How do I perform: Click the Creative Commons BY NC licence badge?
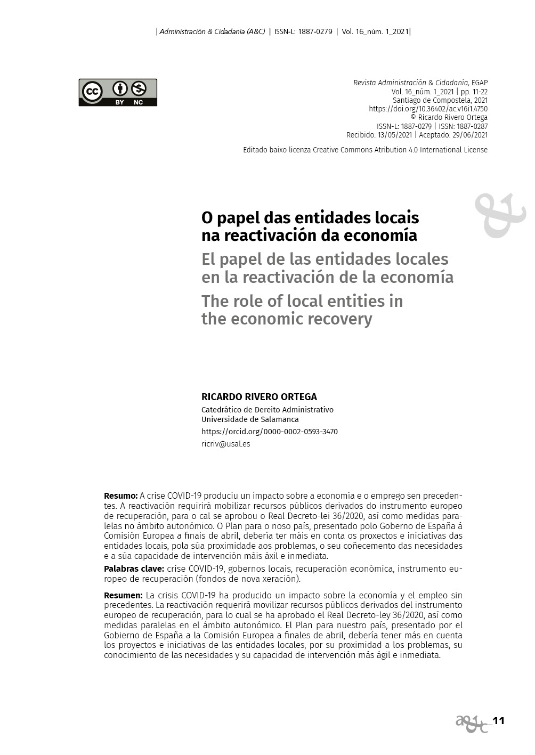(118, 92)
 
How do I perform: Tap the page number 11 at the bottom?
(498, 721)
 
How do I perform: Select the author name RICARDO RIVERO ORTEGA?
(259, 397)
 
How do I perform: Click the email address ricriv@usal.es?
(225, 444)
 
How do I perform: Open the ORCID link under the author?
(269, 432)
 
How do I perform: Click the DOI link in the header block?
(428, 109)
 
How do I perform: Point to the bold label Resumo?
(120, 496)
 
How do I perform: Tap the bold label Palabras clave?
(134, 569)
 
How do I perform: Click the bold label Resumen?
(123, 595)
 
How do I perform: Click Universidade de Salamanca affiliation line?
(250, 419)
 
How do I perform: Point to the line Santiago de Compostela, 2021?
(440, 100)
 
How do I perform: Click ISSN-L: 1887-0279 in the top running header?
(303, 31)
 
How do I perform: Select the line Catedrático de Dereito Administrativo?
(267, 410)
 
